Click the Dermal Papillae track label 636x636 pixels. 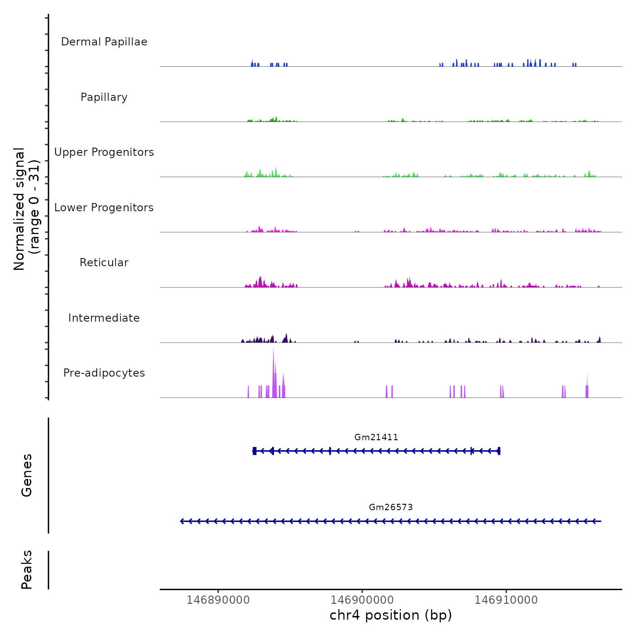tap(104, 42)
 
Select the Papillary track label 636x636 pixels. tap(104, 97)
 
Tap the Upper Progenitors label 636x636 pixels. tap(104, 152)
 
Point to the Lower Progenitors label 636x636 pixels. tap(104, 208)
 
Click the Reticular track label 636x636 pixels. tap(104, 263)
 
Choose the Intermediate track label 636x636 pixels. tap(104, 318)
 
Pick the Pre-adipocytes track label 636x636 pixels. tap(104, 373)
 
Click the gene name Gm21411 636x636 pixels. tap(376, 437)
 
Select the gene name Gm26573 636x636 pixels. tap(391, 507)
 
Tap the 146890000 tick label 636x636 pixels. tap(218, 600)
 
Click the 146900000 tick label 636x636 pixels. tap(362, 600)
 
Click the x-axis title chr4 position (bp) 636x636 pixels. tap(391, 616)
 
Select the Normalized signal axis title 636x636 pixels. tap(26, 209)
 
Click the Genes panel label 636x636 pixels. tap(27, 475)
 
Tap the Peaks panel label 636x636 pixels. tap(27, 570)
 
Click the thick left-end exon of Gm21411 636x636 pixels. tap(254, 451)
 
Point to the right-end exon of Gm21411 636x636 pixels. tap(499, 451)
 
